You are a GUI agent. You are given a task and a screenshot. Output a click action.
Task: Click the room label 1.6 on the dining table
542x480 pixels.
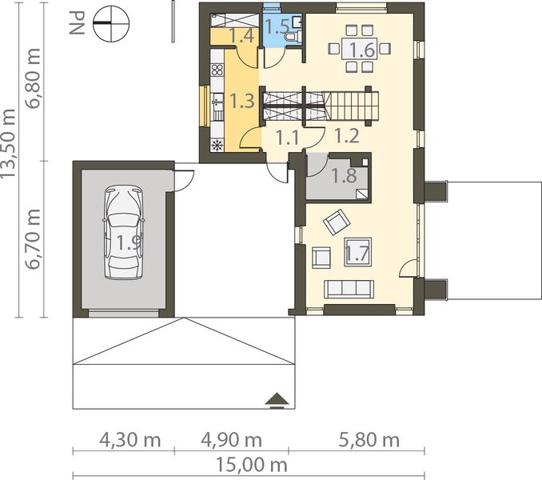362,50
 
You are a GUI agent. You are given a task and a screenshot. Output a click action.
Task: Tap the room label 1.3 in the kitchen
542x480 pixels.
242,101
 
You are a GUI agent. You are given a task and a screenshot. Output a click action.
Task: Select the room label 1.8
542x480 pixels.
345,175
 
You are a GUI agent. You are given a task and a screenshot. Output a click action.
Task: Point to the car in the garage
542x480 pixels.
123,232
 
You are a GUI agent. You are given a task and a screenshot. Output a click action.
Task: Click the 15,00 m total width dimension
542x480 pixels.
251,465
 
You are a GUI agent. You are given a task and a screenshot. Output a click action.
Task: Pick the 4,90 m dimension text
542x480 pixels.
231,440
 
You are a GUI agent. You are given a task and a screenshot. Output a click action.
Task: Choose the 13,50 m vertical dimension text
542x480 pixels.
8,144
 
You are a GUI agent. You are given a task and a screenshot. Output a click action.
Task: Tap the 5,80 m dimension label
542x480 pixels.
369,440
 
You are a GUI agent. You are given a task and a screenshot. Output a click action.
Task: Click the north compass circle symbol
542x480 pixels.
111,23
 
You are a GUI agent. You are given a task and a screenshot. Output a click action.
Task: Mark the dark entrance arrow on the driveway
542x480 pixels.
277,401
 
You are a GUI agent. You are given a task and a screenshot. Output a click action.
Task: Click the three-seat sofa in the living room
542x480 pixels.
349,289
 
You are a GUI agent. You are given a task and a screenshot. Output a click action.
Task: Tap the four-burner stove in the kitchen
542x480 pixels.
217,70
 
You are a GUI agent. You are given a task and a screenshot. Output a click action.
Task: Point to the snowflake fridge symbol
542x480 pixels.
217,146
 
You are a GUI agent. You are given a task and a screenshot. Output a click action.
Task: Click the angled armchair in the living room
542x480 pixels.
337,222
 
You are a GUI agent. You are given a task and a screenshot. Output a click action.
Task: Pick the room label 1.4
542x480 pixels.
242,36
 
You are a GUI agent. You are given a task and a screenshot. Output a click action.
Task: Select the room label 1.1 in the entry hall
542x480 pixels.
288,138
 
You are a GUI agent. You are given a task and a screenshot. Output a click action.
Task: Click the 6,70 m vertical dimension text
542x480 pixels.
34,239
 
